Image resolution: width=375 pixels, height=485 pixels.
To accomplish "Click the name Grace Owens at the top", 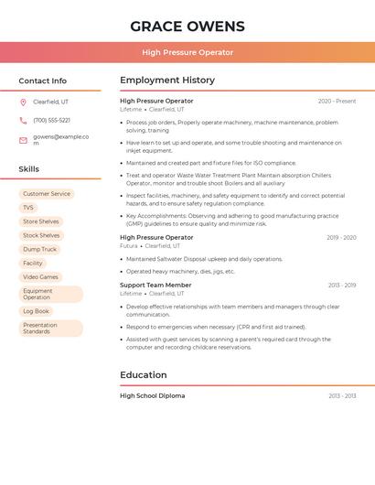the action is [x=187, y=26].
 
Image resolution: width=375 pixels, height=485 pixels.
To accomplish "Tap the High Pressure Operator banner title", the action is [x=187, y=52].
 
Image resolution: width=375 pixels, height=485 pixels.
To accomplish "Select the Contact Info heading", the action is [x=43, y=81].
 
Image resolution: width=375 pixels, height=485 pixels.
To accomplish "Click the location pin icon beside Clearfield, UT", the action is [x=23, y=102].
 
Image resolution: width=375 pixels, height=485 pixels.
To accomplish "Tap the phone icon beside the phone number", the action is [x=23, y=120].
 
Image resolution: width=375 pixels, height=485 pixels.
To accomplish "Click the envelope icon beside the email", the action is [x=23, y=140].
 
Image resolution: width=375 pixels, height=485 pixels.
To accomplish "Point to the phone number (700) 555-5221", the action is [x=51, y=120].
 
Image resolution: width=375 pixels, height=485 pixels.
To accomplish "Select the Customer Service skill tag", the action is [x=47, y=194].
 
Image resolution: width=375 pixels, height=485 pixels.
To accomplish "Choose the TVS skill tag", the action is [x=28, y=208].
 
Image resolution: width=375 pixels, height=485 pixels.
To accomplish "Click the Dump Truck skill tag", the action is [x=40, y=249].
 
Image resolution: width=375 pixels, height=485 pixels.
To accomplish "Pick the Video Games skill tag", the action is [x=40, y=276].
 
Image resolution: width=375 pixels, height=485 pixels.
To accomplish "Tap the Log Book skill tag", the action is [x=37, y=311].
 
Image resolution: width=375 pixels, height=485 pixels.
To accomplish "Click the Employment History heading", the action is [x=167, y=81].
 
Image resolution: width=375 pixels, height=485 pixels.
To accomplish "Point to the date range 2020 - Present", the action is [x=337, y=101].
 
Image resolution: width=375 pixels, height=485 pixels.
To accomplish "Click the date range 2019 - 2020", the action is [x=341, y=238].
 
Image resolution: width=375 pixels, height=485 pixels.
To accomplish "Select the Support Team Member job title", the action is [x=155, y=285].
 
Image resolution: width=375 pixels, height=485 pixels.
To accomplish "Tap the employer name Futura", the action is [x=129, y=246].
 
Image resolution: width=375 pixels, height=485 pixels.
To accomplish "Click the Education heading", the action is [x=144, y=374].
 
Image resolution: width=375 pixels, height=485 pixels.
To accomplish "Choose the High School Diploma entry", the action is [x=152, y=395].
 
